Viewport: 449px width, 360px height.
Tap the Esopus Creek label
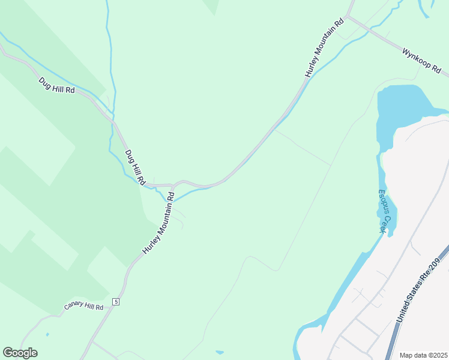[x=384, y=211]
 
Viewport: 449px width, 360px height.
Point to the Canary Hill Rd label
[x=83, y=307]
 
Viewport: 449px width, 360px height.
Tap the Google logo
[x=20, y=353]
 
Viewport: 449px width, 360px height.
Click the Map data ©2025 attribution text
[x=423, y=355]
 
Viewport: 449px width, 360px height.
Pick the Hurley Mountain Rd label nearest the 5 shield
[x=158, y=223]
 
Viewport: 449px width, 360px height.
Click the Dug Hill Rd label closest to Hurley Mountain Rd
[x=135, y=167]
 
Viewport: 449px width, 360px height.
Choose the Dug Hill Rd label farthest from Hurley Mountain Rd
[x=56, y=85]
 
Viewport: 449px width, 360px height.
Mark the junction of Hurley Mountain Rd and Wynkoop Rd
[x=348, y=16]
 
